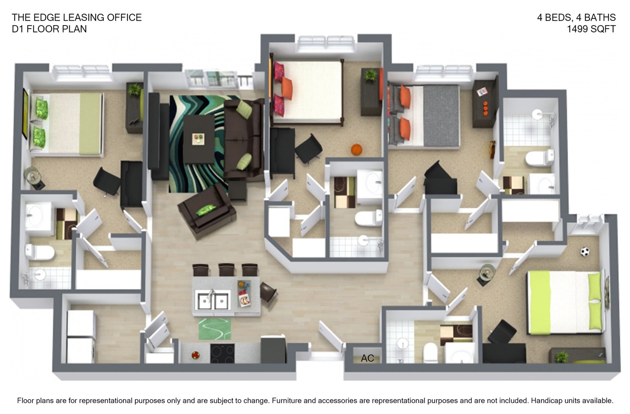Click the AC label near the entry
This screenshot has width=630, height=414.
tap(367, 358)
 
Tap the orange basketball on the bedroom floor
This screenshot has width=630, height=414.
tap(357, 150)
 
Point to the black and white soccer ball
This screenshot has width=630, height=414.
tap(585, 252)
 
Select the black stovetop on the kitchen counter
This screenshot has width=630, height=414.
tap(222, 353)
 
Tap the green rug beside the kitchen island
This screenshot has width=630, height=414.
tap(214, 329)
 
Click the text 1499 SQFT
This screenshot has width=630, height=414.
tap(591, 29)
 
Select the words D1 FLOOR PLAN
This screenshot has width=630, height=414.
tap(49, 29)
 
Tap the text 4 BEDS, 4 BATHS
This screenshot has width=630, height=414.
tap(576, 18)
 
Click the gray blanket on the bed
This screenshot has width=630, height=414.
tap(441, 116)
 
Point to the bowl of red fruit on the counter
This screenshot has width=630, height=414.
tap(195, 355)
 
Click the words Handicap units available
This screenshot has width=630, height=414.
tap(572, 401)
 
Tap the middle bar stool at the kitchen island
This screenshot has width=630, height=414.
tap(226, 270)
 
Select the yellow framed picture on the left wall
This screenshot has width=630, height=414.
tap(25, 113)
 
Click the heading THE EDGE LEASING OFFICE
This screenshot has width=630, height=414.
tap(77, 18)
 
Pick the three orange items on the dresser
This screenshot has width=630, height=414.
tap(485, 108)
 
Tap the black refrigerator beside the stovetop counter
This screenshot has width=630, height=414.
tap(273, 350)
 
